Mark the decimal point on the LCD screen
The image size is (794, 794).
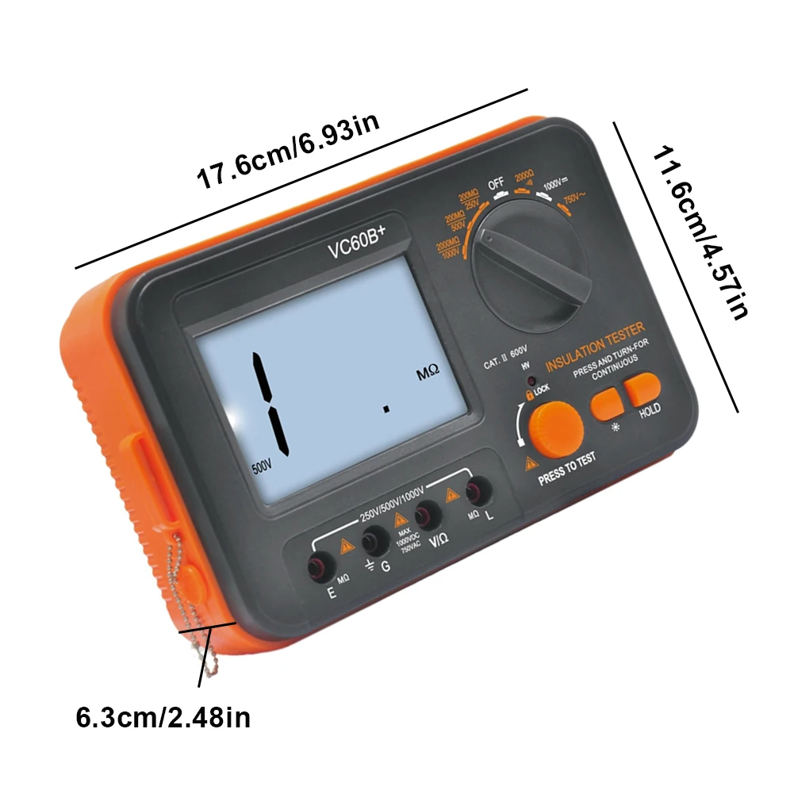[386, 409]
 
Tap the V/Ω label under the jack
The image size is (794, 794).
[439, 543]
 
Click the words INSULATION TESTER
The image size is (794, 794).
[596, 345]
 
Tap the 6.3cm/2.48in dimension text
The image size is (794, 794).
[163, 719]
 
